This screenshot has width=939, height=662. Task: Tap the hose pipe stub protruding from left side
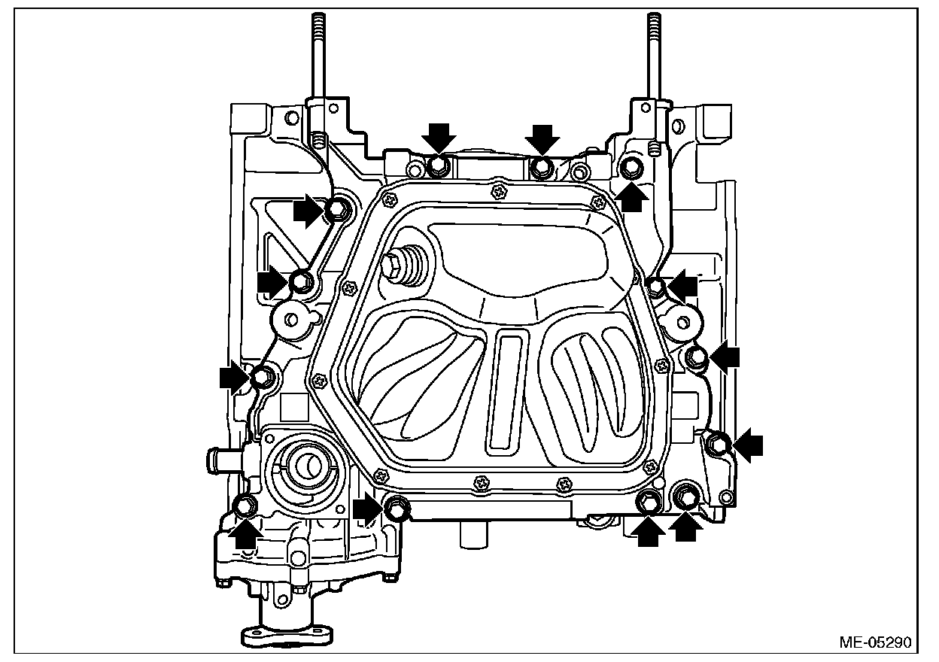(x=221, y=457)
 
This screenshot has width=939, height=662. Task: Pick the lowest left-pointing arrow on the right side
(x=747, y=445)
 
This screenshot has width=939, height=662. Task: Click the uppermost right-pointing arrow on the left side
(x=308, y=211)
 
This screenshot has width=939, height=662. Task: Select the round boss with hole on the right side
(x=681, y=322)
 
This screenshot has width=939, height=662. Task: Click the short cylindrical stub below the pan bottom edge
(x=472, y=536)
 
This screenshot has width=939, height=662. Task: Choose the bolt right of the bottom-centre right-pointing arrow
(x=397, y=509)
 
